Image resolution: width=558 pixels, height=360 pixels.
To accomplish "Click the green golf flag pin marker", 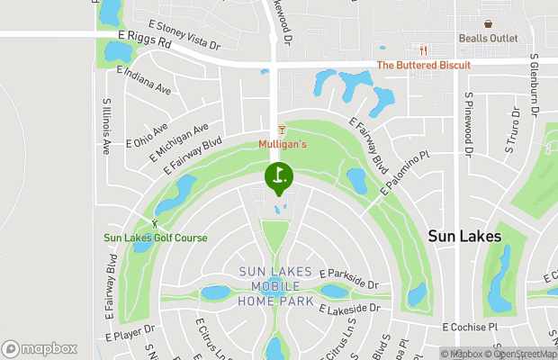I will coord(279,177).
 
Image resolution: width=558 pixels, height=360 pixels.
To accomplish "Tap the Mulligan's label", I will coord(283,144).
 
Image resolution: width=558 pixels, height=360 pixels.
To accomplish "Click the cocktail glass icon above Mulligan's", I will coord(282,131).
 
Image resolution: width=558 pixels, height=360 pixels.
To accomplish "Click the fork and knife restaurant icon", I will coord(418,50).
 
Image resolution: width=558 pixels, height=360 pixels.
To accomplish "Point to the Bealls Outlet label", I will coord(488,38).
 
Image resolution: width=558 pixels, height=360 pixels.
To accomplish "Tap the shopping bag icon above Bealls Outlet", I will coord(488,24).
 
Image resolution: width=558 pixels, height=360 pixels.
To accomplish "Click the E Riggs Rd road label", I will coord(144,40).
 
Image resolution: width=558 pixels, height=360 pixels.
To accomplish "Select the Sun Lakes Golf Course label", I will coord(155,238).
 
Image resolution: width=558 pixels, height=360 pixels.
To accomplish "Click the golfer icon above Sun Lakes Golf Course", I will coord(155,222).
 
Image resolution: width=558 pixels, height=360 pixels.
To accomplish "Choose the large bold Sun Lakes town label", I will coord(463,236).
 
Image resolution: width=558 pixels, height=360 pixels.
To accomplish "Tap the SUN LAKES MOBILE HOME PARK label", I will coord(275,286).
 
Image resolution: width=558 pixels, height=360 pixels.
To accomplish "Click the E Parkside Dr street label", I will coord(348,278).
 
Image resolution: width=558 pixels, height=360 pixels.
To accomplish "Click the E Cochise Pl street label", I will coord(470,328).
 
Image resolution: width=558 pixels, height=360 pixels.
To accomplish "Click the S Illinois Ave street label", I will coord(106,125).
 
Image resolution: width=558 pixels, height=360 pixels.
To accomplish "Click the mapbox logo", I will coord(39,348).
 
